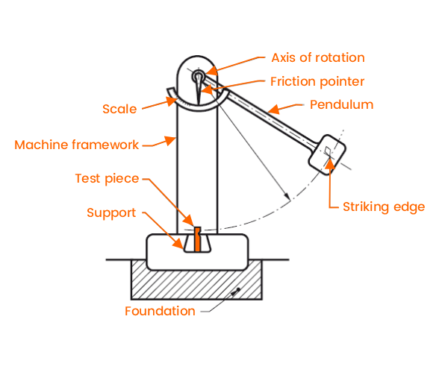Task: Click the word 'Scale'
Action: click(x=119, y=109)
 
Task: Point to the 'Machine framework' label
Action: click(x=76, y=144)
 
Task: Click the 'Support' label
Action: click(x=111, y=212)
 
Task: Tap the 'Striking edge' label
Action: click(x=383, y=207)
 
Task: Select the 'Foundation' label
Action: click(x=160, y=311)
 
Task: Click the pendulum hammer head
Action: click(x=326, y=154)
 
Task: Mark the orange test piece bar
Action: click(x=197, y=239)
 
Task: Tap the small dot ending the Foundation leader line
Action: click(x=237, y=290)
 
